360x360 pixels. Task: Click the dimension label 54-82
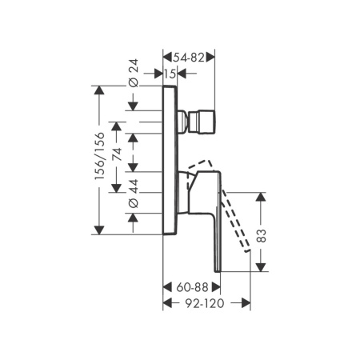point(189,57)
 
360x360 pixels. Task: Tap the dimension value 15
point(170,74)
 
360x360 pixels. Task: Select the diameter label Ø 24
point(134,73)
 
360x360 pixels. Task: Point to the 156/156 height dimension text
point(100,156)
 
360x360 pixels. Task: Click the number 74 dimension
point(117,154)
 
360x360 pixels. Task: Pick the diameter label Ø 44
point(134,194)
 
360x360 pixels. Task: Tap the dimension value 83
point(262,235)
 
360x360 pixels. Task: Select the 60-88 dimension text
point(192,287)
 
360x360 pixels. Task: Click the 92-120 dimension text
point(205,303)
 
